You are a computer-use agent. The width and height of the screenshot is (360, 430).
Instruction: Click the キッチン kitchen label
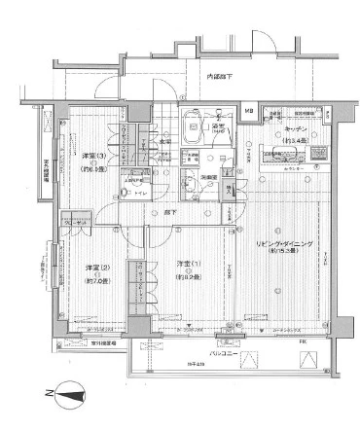296,128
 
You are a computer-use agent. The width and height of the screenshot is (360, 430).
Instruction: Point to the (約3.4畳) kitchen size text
296,140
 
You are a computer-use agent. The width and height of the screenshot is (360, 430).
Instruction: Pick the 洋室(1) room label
187,265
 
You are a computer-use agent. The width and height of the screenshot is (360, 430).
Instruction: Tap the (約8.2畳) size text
187,276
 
